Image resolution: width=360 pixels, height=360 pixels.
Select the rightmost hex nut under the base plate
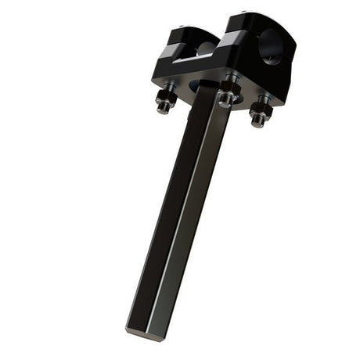coord(260,113)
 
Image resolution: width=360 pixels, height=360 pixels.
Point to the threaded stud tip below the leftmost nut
coord(163,109)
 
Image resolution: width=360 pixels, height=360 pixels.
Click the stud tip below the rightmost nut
coord(257,123)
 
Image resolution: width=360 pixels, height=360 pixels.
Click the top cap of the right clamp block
coord(249,21)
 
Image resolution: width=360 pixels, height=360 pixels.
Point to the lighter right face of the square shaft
coord(192,219)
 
